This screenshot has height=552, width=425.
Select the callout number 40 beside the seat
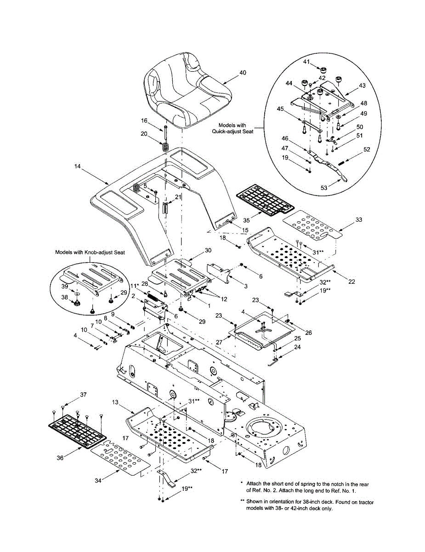(243, 73)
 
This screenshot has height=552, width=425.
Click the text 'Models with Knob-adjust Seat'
(90, 252)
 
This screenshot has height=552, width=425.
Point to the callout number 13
(115, 402)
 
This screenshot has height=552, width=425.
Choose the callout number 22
(351, 282)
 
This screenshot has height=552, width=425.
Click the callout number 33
(358, 220)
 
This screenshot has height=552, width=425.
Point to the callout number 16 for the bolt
(144, 121)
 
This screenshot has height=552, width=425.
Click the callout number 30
(208, 250)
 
